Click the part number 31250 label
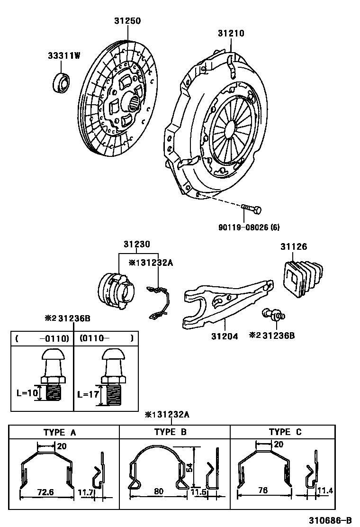click(x=127, y=21)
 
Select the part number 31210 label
click(x=231, y=33)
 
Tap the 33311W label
click(x=63, y=56)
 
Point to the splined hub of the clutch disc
click(x=134, y=101)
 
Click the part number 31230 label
click(x=137, y=245)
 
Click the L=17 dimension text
click(x=88, y=393)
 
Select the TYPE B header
click(x=171, y=432)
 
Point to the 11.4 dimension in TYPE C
click(x=325, y=490)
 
